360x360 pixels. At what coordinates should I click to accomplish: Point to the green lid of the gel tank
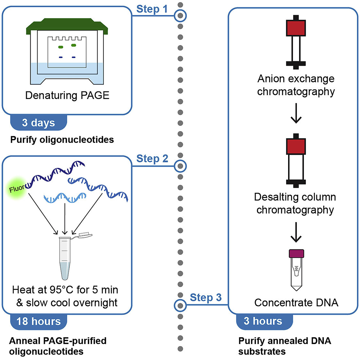coord(65,25)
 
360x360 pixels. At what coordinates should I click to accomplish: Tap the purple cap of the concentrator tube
coord(296,254)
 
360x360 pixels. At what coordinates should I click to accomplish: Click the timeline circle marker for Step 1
coord(180,16)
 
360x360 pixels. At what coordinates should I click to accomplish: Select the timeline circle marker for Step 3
coord(179,306)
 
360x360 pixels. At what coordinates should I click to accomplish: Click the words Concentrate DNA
coord(296,302)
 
